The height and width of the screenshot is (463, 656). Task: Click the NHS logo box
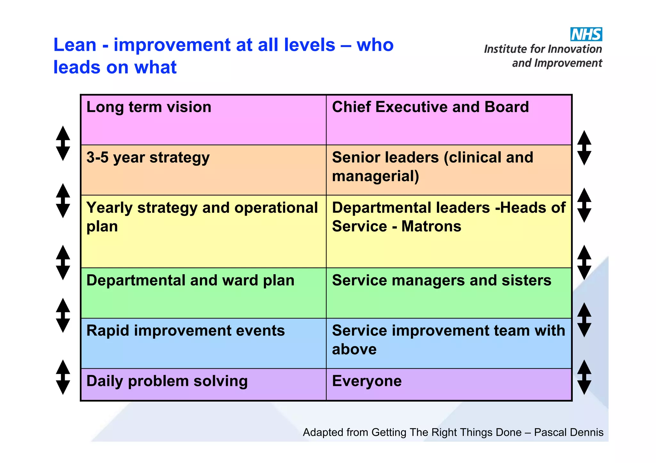click(x=586, y=34)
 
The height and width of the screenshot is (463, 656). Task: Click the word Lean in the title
click(x=75, y=45)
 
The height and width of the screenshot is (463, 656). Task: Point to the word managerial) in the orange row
click(x=375, y=176)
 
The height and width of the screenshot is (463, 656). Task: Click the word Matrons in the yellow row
click(x=431, y=227)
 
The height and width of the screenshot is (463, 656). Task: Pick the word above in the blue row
click(x=354, y=349)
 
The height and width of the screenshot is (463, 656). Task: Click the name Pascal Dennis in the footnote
click(x=569, y=433)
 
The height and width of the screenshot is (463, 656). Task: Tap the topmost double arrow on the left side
click(x=63, y=143)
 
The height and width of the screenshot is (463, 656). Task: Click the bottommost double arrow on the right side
click(x=584, y=377)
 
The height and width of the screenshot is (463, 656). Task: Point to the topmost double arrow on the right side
click(x=584, y=148)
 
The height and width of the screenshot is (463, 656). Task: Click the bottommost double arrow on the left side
click(x=63, y=377)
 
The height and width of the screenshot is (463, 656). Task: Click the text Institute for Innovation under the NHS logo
click(x=543, y=49)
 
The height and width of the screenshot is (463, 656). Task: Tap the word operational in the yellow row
click(x=276, y=208)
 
